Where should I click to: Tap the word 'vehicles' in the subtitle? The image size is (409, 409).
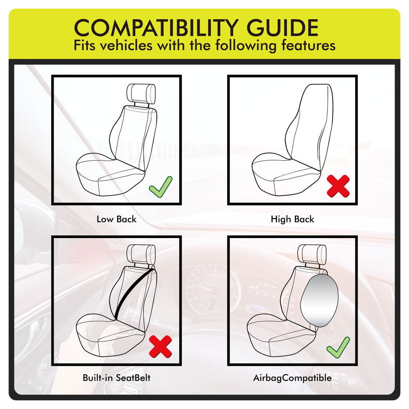(x=126, y=46)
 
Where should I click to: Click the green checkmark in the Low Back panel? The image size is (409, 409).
(x=160, y=187)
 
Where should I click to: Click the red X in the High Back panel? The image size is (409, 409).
(x=338, y=186)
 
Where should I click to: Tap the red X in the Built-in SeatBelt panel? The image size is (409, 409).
(x=160, y=347)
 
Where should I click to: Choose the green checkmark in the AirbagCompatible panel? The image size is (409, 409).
(x=338, y=347)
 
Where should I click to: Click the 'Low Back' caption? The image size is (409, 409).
(x=116, y=219)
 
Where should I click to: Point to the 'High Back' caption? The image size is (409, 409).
(x=292, y=219)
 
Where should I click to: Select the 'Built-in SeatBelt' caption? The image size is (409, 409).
(x=116, y=378)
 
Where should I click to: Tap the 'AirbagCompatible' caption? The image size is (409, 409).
(x=292, y=378)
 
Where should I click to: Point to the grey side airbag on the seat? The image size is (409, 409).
(x=319, y=300)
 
